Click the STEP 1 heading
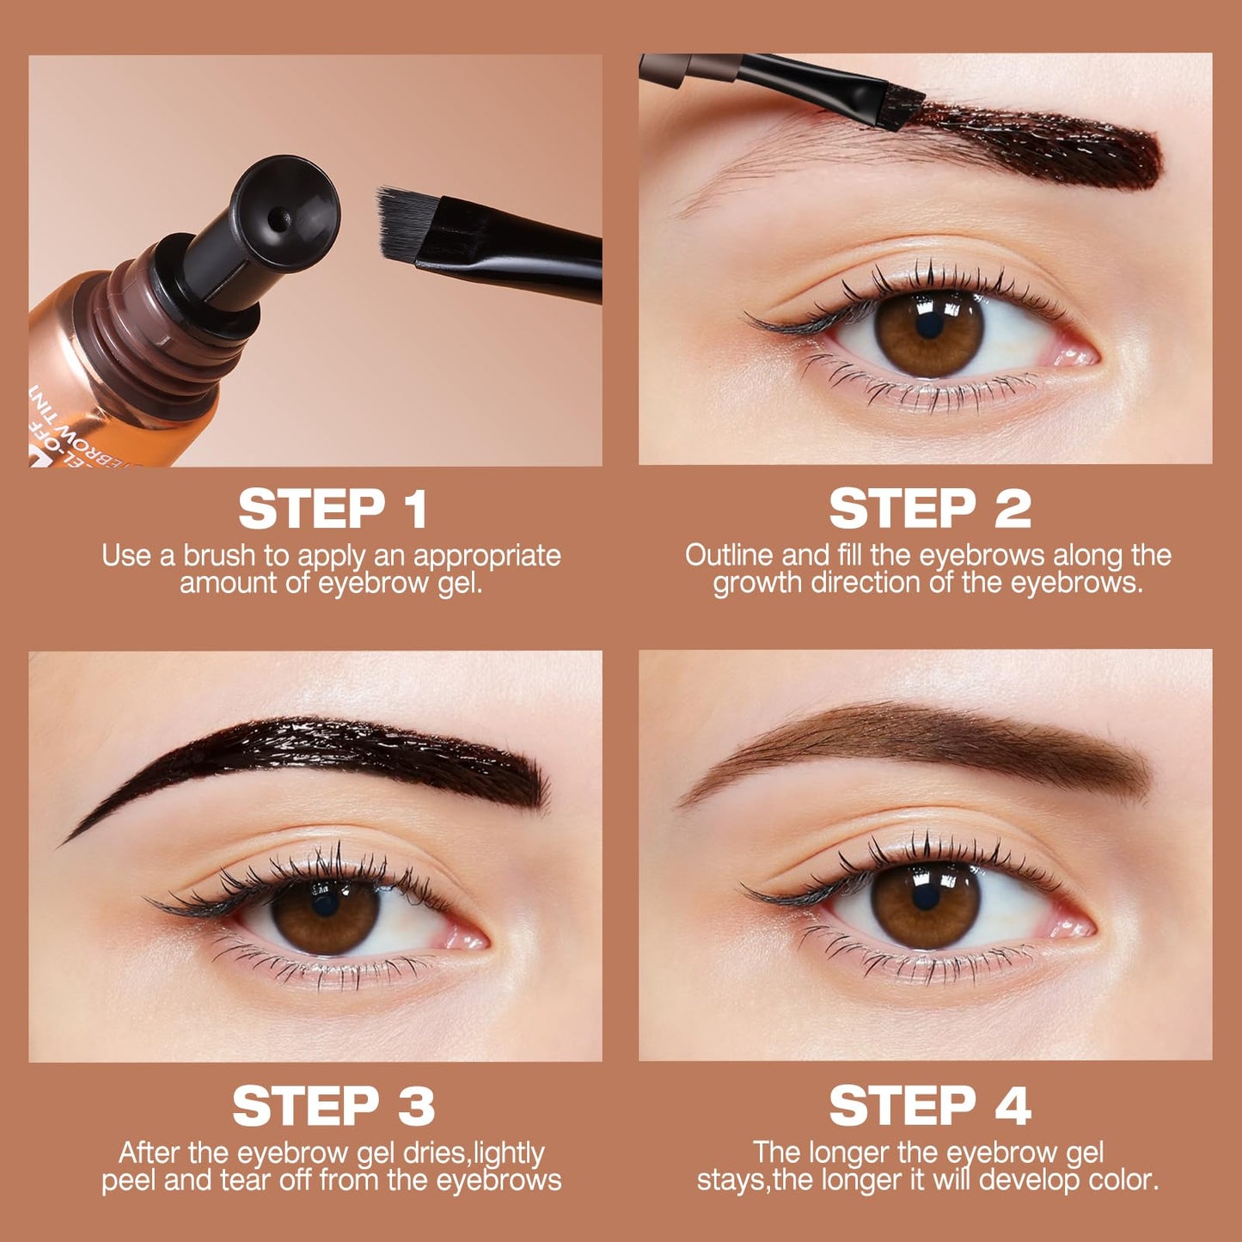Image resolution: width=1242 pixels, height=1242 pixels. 333,510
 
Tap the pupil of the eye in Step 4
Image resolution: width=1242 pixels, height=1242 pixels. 925,896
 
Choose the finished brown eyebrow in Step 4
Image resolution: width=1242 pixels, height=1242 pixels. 945,739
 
